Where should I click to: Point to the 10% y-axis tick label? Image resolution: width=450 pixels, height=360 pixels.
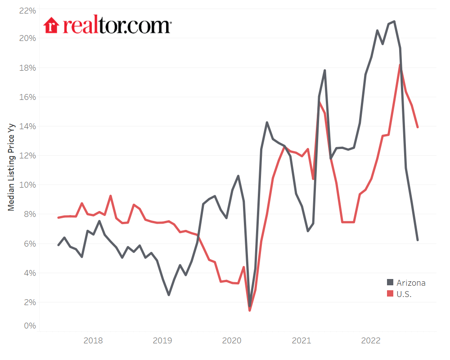pyautogui.click(x=27, y=185)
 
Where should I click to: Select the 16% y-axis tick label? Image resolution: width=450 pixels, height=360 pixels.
pyautogui.click(x=27, y=97)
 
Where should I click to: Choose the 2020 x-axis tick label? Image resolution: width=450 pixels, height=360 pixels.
pyautogui.click(x=231, y=340)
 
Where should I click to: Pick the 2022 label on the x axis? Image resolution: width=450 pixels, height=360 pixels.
pyautogui.click(x=370, y=340)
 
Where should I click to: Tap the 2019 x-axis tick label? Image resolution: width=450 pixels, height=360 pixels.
pyautogui.click(x=162, y=340)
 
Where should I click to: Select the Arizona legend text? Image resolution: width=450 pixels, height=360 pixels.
pyautogui.click(x=411, y=283)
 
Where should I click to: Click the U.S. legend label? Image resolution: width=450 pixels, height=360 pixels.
pyautogui.click(x=404, y=294)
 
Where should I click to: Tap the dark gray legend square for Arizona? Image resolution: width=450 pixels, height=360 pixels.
pyautogui.click(x=390, y=283)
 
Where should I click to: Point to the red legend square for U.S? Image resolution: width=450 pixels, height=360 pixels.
pyautogui.click(x=390, y=294)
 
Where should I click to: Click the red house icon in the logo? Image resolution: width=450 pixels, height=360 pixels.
pyautogui.click(x=51, y=25)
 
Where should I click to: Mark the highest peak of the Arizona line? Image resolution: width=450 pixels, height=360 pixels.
pyautogui.click(x=394, y=21)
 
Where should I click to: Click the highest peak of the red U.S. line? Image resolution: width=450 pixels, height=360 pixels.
pyautogui.click(x=400, y=65)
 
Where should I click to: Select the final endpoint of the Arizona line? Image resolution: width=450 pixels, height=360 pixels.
pyautogui.click(x=418, y=240)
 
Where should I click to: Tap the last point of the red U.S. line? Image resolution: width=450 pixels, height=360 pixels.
pyautogui.click(x=418, y=127)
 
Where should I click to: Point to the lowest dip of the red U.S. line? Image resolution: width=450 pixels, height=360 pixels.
pyautogui.click(x=249, y=310)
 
